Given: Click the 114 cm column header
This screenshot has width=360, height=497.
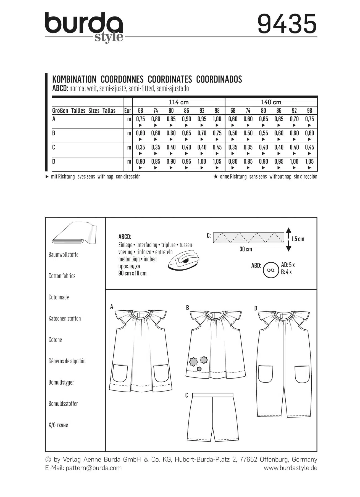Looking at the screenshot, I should pyautogui.click(x=178, y=102).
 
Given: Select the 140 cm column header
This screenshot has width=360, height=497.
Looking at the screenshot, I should pyautogui.click(x=271, y=102).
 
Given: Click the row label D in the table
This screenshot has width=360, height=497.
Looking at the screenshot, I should pyautogui.click(x=54, y=161).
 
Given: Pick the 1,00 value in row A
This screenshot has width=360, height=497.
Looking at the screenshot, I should pyautogui.click(x=217, y=119).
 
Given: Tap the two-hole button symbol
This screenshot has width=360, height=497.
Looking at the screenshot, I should pyautogui.click(x=271, y=270).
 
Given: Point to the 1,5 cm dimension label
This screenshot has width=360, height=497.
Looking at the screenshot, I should pyautogui.click(x=298, y=239).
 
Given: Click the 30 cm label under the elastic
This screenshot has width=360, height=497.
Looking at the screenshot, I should pyautogui.click(x=246, y=249).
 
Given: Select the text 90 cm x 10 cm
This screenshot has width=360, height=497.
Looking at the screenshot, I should pyautogui.click(x=132, y=273).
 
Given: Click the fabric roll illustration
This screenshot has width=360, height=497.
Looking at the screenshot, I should pyautogui.click(x=74, y=233).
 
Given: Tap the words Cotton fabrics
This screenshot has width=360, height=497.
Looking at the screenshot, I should pyautogui.click(x=62, y=276).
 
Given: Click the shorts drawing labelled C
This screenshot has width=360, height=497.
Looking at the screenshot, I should pyautogui.click(x=212, y=417).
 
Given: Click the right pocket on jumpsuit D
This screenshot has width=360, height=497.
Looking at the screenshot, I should pyautogui.click(x=302, y=374).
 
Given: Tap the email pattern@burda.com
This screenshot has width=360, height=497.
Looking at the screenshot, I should pyautogui.click(x=94, y=468).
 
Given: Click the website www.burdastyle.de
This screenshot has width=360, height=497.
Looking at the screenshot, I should pyautogui.click(x=290, y=468).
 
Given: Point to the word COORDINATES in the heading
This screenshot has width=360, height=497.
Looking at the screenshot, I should pyautogui.click(x=170, y=80).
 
